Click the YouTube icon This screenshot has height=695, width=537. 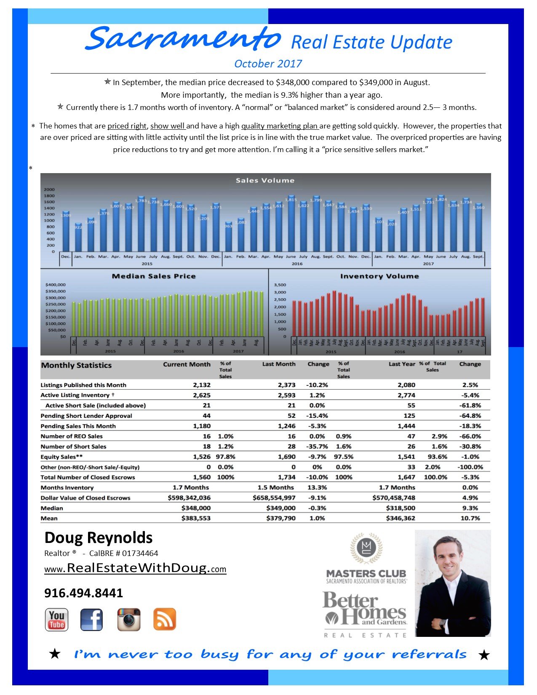[56, 620]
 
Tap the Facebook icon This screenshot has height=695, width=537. [91, 620]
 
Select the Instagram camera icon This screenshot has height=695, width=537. [128, 620]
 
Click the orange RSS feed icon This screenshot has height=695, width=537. [164, 620]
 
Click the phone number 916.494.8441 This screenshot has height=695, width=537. [83, 593]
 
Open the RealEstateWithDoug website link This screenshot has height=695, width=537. [135, 568]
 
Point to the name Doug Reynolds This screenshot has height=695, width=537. [99, 538]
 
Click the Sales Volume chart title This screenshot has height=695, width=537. [265, 180]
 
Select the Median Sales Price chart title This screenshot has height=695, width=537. [154, 276]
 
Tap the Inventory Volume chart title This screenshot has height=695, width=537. [379, 276]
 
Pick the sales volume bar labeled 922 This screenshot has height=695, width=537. [78, 238]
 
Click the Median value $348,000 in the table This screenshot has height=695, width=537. [196, 508]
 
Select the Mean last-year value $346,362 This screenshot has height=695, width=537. [400, 518]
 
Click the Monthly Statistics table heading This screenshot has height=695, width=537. [76, 365]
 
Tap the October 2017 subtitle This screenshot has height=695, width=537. [268, 64]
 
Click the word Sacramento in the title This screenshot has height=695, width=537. [183, 39]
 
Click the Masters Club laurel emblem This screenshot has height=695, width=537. [366, 548]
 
